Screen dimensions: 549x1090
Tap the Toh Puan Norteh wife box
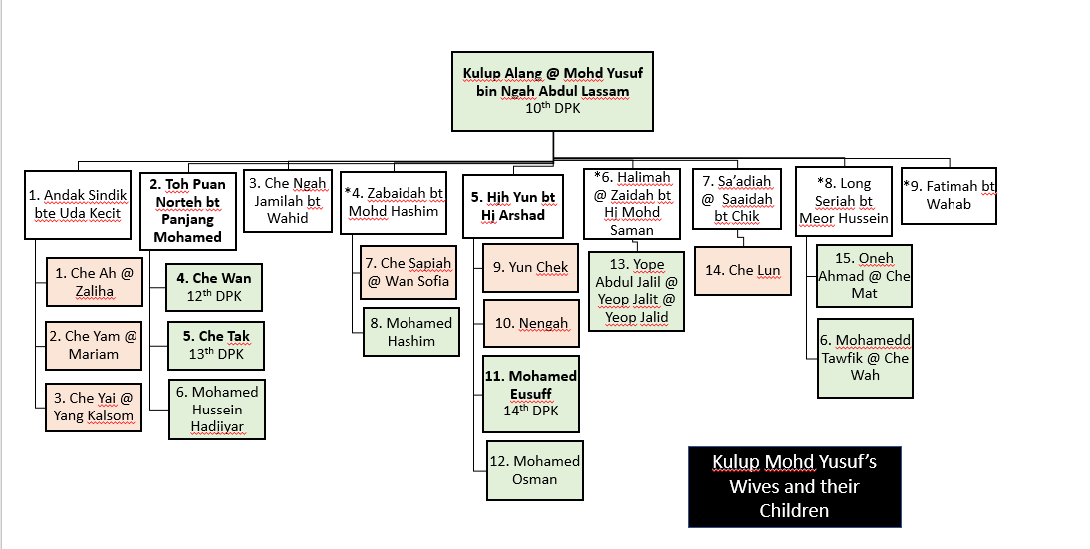pyautogui.click(x=187, y=210)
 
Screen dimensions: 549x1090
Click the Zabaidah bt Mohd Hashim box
pyautogui.click(x=394, y=202)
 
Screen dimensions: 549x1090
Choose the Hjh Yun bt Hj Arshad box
pyautogui.click(x=512, y=205)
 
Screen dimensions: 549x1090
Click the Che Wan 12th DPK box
pyautogui.click(x=215, y=286)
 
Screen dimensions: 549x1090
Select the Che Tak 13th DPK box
pyautogui.click(x=215, y=344)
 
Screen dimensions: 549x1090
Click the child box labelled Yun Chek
pyautogui.click(x=531, y=267)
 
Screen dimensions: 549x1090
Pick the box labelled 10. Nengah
pyautogui.click(x=531, y=323)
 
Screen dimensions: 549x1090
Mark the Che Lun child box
pyautogui.click(x=741, y=270)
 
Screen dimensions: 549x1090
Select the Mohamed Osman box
pyautogui.click(x=532, y=469)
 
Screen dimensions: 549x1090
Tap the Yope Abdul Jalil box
pyautogui.click(x=635, y=291)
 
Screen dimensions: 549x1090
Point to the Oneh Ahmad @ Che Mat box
pyautogui.click(x=864, y=276)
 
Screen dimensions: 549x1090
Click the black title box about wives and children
pyautogui.click(x=794, y=486)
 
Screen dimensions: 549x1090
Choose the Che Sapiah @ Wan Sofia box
pyautogui.click(x=409, y=271)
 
